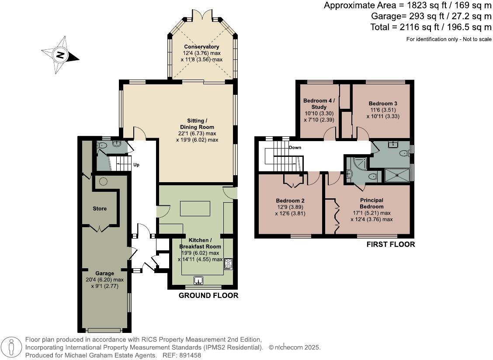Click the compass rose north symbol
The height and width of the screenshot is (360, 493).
click(x=60, y=55)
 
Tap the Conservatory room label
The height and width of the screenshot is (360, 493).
click(x=201, y=47)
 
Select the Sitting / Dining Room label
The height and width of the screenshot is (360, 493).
click(x=197, y=124)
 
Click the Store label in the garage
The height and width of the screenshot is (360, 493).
click(x=100, y=208)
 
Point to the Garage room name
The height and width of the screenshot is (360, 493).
click(x=105, y=273)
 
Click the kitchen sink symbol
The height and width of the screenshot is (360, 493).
click(x=198, y=280)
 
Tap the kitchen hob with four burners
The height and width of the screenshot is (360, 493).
click(x=228, y=264)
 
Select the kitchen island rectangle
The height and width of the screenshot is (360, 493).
click(x=195, y=208)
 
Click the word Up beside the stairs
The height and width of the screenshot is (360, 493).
click(x=136, y=165)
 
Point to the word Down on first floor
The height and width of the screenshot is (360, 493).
click(x=295, y=148)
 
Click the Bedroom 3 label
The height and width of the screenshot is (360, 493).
click(x=383, y=104)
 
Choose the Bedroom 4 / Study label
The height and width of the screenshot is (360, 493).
click(x=319, y=104)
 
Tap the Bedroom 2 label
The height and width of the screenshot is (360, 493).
click(x=290, y=201)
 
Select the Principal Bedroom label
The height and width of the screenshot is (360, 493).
click(x=371, y=204)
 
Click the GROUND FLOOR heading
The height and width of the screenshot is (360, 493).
click(x=208, y=295)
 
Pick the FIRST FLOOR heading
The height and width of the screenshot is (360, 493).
click(x=391, y=244)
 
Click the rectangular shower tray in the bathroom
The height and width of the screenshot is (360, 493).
click(x=398, y=175)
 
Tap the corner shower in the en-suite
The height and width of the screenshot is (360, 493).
click(x=359, y=163)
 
